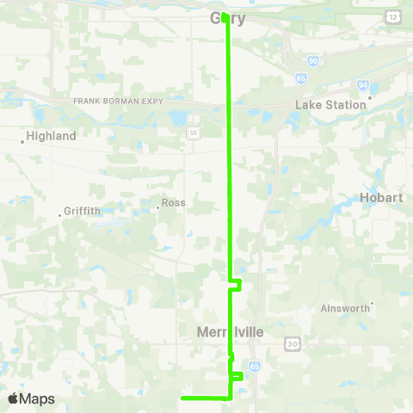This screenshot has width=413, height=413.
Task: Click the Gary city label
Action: (228, 19)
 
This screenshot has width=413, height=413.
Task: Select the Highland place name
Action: (51, 136)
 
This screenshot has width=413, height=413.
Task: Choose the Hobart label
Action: (382, 197)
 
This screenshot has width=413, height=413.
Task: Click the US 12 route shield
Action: (392, 16)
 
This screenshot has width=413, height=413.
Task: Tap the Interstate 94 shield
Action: (363, 85)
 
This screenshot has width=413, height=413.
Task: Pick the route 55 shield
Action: (194, 133)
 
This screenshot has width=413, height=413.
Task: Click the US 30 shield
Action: (292, 343)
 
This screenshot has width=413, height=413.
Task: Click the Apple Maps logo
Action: (31, 398)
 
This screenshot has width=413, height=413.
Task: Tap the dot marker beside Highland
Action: (23, 141)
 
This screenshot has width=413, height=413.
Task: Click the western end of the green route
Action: (182, 398)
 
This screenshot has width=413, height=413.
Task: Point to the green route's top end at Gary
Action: (225, 15)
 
